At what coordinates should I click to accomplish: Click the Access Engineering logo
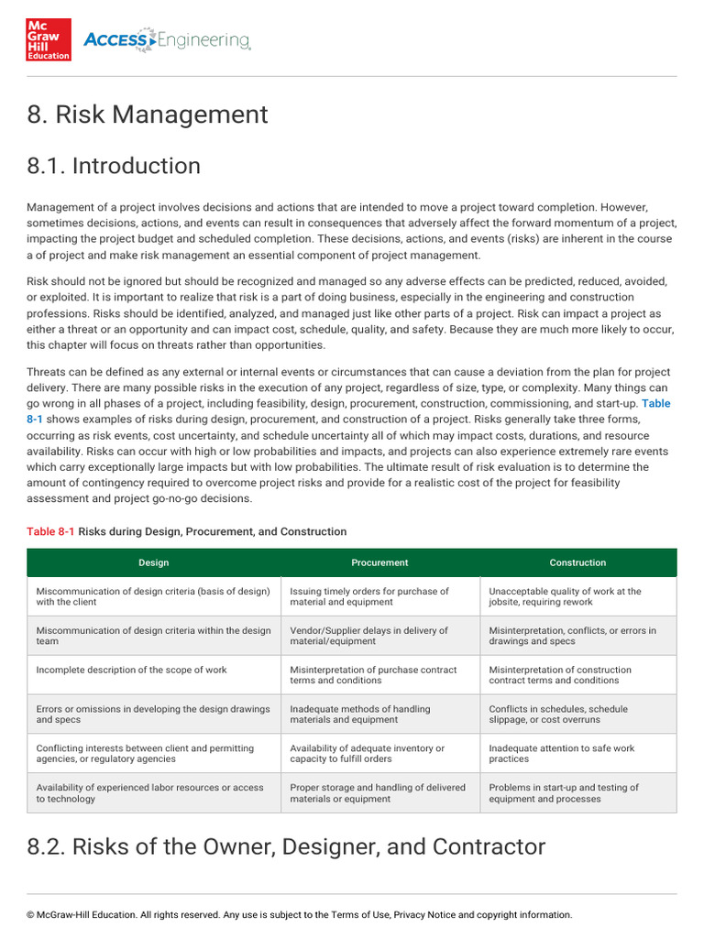(x=166, y=40)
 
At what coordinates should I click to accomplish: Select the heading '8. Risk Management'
(x=148, y=115)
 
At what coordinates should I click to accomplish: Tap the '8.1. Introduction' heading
(x=114, y=166)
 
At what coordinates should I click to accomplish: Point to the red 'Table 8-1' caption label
(x=50, y=531)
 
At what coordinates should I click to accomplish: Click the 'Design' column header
(x=153, y=562)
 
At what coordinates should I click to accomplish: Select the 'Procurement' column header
(x=379, y=562)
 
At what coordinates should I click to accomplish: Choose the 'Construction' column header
(x=577, y=562)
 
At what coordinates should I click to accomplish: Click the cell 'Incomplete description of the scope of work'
(x=132, y=670)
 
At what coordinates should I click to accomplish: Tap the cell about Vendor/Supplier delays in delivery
(x=369, y=636)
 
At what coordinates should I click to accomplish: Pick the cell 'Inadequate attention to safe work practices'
(x=562, y=753)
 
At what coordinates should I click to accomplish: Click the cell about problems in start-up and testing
(x=564, y=792)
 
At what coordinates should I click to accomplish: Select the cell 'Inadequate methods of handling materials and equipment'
(x=360, y=714)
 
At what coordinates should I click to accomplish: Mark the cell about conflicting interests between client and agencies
(x=145, y=753)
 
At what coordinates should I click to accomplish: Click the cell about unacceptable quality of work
(x=565, y=596)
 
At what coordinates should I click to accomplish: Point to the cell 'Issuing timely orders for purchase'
(x=369, y=596)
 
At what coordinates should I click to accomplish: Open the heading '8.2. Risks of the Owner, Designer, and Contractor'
(x=286, y=846)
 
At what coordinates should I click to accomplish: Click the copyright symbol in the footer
(x=30, y=914)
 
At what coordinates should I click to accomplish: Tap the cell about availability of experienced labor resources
(x=149, y=792)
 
